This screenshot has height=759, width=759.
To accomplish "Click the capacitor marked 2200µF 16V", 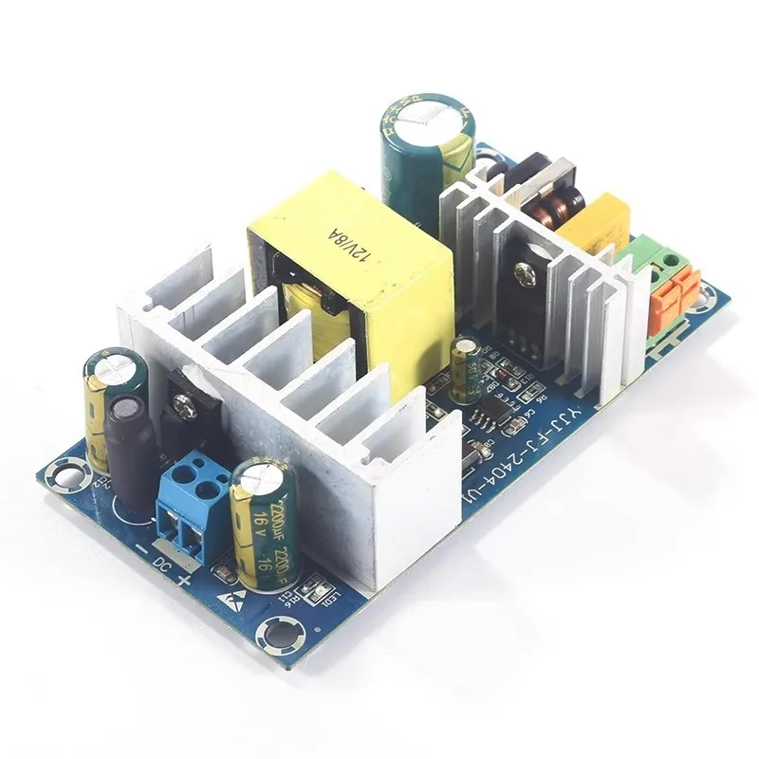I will (x=265, y=522).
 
